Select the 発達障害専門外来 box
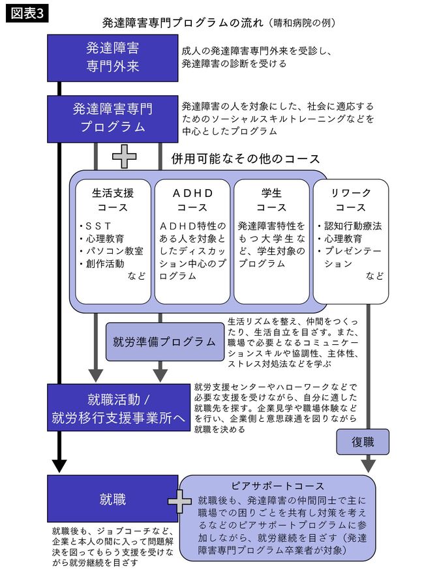click(112, 57)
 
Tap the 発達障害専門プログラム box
click(112, 117)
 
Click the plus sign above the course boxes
click(124, 157)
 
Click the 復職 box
click(362, 441)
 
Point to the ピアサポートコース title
click(278, 486)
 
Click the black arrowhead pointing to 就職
click(59, 466)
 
